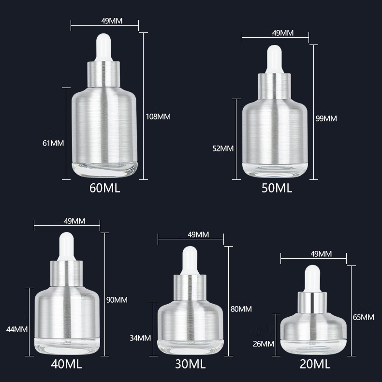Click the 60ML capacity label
coord(105,188)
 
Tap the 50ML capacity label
coord(277,188)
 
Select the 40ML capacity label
coord(66,364)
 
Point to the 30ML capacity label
coord(190,364)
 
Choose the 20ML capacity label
coord(315,364)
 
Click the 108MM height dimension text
coord(158,117)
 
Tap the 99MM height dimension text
coord(326,118)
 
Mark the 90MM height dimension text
coord(117,300)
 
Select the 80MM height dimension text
coord(241,309)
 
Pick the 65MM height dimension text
coord(363,317)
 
